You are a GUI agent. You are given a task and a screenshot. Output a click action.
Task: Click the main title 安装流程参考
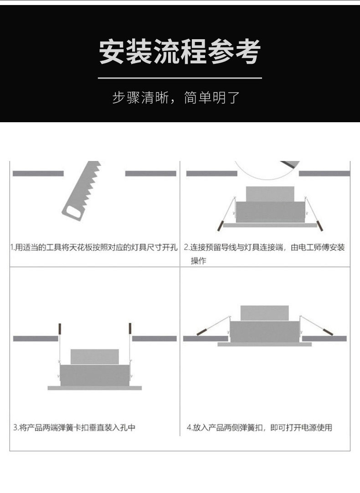coord(180,52)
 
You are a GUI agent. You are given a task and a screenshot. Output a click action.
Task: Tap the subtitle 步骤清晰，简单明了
coord(176,98)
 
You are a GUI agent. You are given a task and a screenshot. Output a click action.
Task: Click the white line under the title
coord(180,78)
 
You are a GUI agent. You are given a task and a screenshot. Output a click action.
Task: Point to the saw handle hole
coord(72,213)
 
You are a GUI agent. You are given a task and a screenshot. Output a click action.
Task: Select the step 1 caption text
coord(94,248)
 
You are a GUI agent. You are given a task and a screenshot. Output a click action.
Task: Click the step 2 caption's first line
coord(264,248)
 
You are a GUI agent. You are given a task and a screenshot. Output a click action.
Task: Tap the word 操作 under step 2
coord(198,261)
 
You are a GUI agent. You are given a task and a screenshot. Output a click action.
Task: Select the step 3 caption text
coord(74,428)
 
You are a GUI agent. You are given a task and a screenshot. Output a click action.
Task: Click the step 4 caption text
coord(259,428)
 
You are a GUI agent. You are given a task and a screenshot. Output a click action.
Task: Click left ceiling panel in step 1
coord(38,174)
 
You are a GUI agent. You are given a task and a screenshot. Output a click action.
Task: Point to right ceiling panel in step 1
coord(151,174)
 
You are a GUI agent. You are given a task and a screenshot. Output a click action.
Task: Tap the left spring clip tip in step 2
coord(220,226)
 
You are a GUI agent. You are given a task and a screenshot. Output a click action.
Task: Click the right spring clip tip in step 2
coord(320,226)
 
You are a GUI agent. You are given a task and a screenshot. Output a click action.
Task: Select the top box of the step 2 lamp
coord(270,194)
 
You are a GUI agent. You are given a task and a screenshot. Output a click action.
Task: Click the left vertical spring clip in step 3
coord(60,328)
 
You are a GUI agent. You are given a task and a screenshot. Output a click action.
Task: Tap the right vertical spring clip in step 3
coord(130,328)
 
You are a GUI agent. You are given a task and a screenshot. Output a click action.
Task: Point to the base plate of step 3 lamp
coord(94,388)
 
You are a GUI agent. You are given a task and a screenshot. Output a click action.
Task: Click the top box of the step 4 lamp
coord(264,313)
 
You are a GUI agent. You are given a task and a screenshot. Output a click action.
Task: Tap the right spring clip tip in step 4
coord(328,332)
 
